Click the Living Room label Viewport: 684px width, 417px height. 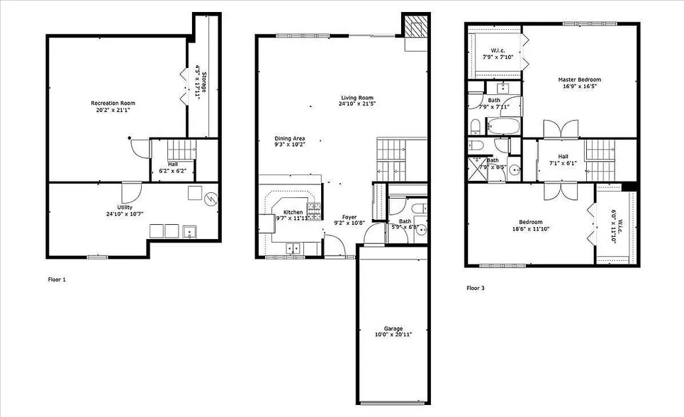click(357, 98)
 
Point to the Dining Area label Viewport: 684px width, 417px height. click(289, 138)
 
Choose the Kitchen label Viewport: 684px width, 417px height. click(293, 212)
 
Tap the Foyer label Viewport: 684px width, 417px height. click(349, 216)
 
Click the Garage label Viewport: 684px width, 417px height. click(393, 328)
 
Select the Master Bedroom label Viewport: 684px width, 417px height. click(580, 79)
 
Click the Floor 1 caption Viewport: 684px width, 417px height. click(57, 279)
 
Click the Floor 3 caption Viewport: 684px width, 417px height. click(476, 288)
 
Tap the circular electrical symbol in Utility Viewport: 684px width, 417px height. click(211, 199)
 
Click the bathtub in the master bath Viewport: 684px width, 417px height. click(503, 128)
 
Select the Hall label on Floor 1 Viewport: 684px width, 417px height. click(173, 164)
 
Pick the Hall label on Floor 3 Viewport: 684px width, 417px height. click(563, 157)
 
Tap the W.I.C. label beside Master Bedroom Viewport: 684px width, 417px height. click(493, 50)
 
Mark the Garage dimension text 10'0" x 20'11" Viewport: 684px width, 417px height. click(393, 334)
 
